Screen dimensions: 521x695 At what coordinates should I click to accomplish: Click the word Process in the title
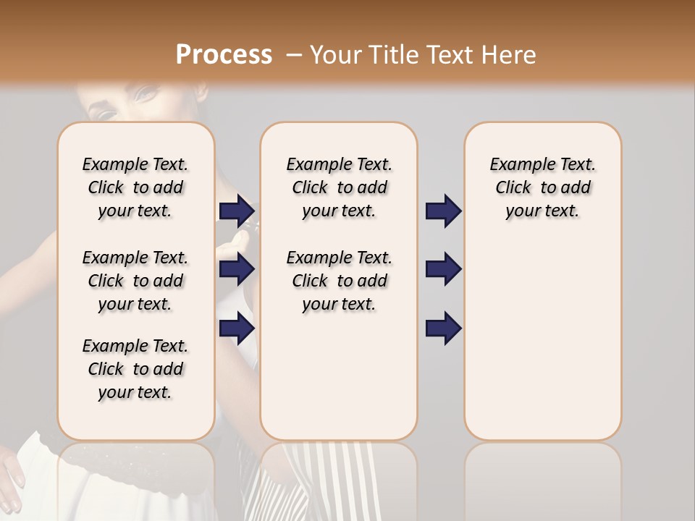pyautogui.click(x=224, y=55)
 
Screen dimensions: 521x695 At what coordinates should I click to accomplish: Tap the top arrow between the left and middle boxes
pyautogui.click(x=237, y=211)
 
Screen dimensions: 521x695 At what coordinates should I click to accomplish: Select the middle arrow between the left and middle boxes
pyautogui.click(x=237, y=269)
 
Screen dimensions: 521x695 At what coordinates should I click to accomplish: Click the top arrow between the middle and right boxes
pyautogui.click(x=443, y=211)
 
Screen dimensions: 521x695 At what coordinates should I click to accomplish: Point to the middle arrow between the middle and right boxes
pyautogui.click(x=443, y=269)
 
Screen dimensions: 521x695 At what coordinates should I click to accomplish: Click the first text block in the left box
pyautogui.click(x=135, y=187)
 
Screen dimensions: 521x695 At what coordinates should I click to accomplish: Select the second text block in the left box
pyautogui.click(x=135, y=281)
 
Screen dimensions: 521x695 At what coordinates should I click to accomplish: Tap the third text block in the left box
pyautogui.click(x=135, y=369)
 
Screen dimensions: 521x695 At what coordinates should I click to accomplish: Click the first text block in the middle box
pyautogui.click(x=339, y=187)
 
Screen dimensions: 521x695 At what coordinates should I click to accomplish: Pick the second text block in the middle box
pyautogui.click(x=339, y=281)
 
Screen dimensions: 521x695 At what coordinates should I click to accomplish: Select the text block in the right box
pyautogui.click(x=542, y=187)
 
